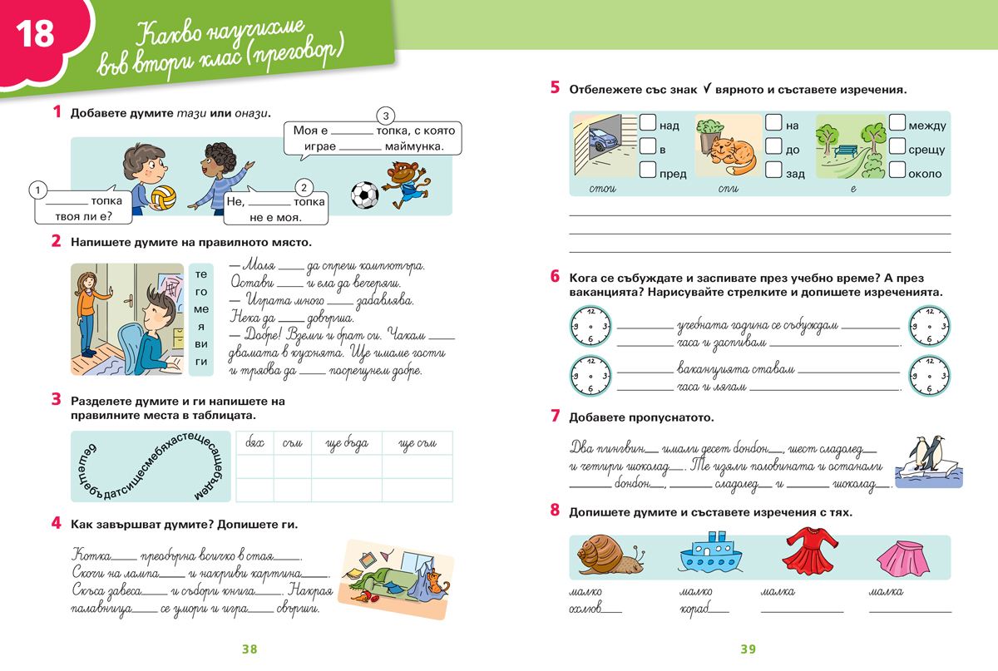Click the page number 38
249,649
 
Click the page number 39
747,649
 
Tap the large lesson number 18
36,34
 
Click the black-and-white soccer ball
364,195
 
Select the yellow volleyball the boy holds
163,198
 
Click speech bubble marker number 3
385,116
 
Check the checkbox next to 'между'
897,124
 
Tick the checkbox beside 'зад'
773,171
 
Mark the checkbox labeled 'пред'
647,171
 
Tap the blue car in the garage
600,142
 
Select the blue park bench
847,151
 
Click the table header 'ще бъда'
346,443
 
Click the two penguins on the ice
929,456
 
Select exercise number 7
555,416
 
